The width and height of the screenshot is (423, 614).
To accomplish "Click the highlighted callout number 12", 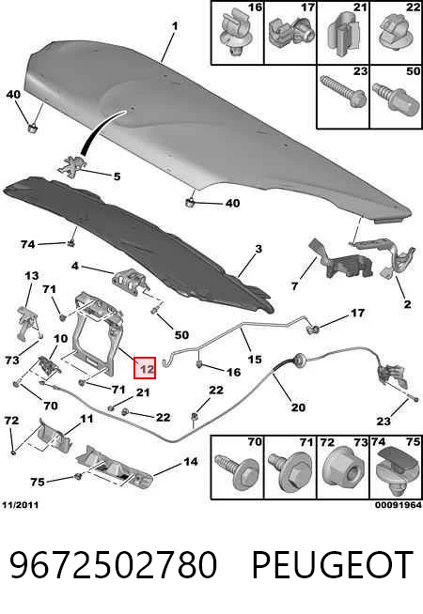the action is (x=145, y=368).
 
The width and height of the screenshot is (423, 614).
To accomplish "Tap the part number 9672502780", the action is (x=114, y=564).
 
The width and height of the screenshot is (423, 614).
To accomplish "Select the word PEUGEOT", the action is (x=332, y=564).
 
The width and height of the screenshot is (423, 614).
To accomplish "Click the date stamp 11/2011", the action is (x=21, y=505).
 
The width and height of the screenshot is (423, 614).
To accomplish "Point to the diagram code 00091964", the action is (x=399, y=505).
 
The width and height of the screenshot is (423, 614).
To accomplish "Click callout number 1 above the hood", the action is (x=175, y=26).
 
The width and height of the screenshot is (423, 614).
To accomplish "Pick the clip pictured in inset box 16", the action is (x=234, y=34).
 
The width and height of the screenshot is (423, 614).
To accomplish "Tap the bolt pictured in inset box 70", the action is (x=234, y=472).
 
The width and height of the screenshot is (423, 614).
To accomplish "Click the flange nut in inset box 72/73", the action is (x=343, y=470).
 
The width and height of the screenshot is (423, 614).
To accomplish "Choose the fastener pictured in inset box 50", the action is (x=395, y=98).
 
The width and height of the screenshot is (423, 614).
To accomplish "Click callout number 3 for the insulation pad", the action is (x=258, y=249).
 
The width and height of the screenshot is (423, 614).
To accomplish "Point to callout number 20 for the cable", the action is (x=298, y=407).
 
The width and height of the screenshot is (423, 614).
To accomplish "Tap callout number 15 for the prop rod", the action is (x=255, y=359).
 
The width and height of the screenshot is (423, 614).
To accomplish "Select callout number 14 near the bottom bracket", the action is (x=191, y=462).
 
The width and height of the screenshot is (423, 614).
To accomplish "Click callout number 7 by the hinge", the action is (x=295, y=285).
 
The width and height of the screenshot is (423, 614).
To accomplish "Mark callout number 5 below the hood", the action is (x=117, y=177).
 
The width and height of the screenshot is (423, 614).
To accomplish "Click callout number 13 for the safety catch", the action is (x=31, y=276).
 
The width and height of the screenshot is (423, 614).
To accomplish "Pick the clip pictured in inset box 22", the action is (x=395, y=34).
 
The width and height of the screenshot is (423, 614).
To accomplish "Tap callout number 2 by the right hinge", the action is (x=407, y=304).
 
